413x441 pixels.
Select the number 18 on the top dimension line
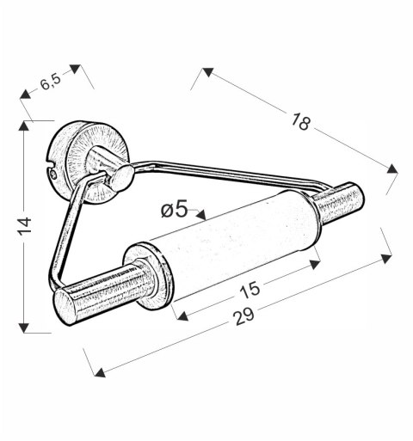pyautogui.click(x=299, y=122)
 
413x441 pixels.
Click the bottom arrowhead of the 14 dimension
pyautogui.click(x=24, y=328)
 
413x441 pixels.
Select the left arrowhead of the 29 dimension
pyautogui.click(x=99, y=371)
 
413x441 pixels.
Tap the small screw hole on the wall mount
pyautogui.click(x=53, y=175)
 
